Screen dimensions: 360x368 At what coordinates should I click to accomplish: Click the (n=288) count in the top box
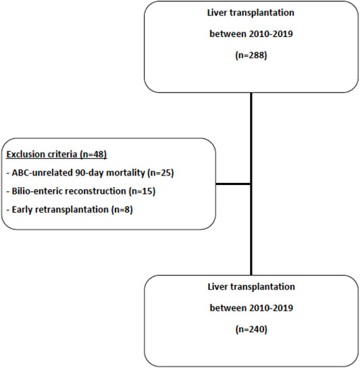click(x=251, y=55)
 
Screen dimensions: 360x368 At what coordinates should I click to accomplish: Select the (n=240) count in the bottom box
click(x=251, y=330)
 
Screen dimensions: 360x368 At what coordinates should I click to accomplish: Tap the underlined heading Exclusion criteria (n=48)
click(x=57, y=155)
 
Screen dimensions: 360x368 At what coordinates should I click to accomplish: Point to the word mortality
click(x=126, y=173)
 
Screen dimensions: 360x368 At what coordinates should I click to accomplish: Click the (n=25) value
click(x=161, y=173)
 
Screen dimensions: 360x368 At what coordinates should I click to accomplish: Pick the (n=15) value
click(x=142, y=191)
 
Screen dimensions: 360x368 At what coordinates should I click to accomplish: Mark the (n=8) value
click(x=122, y=209)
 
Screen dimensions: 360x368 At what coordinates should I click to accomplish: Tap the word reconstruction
click(x=95, y=191)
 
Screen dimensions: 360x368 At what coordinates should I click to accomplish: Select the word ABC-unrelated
click(x=43, y=173)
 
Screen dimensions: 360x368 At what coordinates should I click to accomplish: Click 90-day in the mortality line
click(x=89, y=174)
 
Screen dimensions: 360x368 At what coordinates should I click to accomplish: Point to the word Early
click(x=22, y=209)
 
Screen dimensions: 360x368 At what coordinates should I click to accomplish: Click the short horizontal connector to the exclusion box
click(x=234, y=184)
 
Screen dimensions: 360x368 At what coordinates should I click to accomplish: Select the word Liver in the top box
click(x=217, y=12)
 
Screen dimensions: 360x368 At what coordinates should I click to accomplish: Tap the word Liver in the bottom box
click(x=217, y=286)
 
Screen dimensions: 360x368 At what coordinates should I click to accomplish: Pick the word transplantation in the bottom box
click(x=262, y=287)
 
